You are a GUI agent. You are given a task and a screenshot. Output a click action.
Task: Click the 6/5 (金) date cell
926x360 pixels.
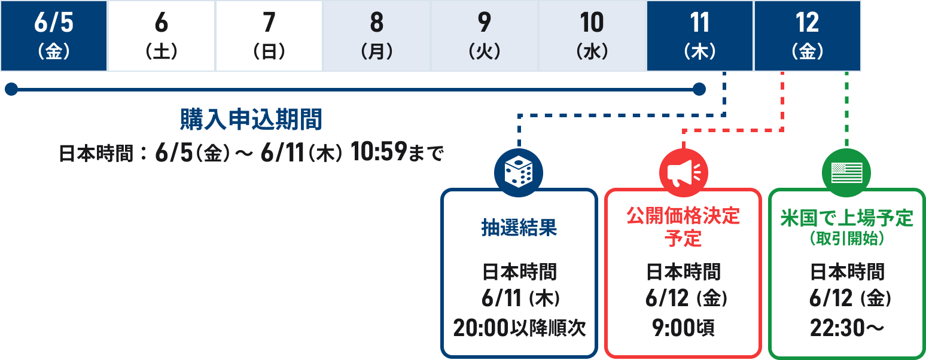pyautogui.click(x=54, y=36)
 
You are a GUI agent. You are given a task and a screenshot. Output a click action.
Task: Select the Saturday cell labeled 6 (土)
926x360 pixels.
pyautogui.click(x=162, y=36)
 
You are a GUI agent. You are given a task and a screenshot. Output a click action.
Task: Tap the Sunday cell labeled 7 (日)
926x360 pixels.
pyautogui.click(x=269, y=36)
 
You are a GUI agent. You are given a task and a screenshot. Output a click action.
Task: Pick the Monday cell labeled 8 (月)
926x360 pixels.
pyautogui.click(x=377, y=36)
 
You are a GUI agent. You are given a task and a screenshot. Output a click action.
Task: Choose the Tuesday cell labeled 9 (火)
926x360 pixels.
pyautogui.click(x=485, y=36)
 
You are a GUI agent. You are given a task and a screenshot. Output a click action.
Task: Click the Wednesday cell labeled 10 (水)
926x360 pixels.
pyautogui.click(x=592, y=36)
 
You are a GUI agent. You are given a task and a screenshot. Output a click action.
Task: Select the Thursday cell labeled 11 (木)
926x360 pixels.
pyautogui.click(x=700, y=36)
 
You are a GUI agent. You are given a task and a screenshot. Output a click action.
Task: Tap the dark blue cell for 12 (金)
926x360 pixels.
pyautogui.click(x=808, y=36)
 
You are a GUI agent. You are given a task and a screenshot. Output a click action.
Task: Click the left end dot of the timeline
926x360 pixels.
pyautogui.click(x=11, y=89)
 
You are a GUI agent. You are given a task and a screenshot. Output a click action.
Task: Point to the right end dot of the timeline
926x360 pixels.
pyautogui.click(x=699, y=89)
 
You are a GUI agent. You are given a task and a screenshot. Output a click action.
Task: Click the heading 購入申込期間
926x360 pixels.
pyautogui.click(x=251, y=120)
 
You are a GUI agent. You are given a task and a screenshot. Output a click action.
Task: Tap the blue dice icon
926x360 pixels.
pyautogui.click(x=519, y=173)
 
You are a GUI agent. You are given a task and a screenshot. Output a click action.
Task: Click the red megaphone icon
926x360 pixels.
pyautogui.click(x=683, y=173)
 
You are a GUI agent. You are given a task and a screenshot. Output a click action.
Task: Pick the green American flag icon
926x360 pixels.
pyautogui.click(x=846, y=173)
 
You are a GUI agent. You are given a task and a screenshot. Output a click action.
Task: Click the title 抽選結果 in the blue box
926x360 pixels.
pyautogui.click(x=519, y=228)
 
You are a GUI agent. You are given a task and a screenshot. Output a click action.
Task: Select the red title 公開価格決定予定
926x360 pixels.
pyautogui.click(x=683, y=227)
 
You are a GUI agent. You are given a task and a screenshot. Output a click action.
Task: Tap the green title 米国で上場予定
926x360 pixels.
pyautogui.click(x=846, y=218)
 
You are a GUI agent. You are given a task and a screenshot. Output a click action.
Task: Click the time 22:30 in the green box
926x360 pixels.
pyautogui.click(x=836, y=328)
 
